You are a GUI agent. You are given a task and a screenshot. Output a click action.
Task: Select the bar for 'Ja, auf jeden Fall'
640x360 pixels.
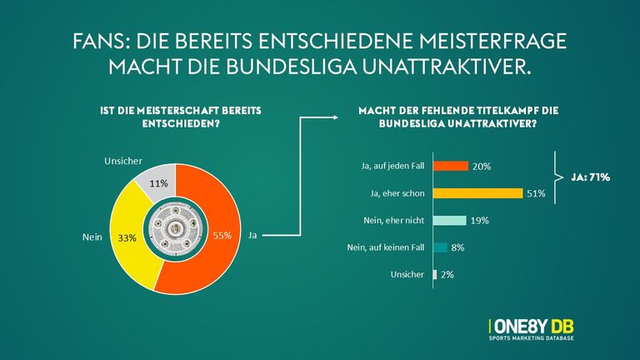pos(451,166)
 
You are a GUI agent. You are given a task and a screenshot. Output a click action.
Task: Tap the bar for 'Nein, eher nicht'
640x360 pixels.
pos(450,221)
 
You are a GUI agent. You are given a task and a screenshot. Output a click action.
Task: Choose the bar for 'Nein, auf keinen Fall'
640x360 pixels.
pos(440,247)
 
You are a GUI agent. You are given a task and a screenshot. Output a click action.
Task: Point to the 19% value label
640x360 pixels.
pos(478,221)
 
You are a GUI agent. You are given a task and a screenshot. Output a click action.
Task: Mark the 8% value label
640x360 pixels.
pos(457,247)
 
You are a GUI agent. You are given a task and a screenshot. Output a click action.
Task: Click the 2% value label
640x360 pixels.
pos(447,275)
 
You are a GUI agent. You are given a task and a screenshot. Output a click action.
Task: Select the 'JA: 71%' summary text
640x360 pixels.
pos(592,177)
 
